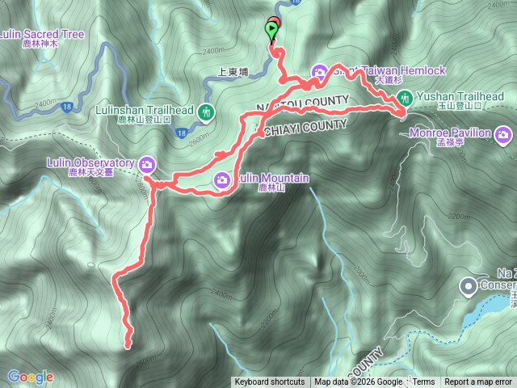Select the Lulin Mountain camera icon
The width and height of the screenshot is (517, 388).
221,179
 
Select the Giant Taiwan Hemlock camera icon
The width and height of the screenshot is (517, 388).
319,72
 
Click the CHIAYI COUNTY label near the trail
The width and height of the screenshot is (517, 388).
304,126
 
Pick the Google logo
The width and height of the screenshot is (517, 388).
30,377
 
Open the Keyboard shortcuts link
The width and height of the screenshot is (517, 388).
270,382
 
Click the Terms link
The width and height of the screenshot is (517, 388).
423,382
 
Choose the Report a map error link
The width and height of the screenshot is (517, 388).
478,382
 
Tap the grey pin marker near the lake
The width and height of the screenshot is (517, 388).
468,285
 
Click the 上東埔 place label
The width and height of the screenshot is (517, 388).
234,70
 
